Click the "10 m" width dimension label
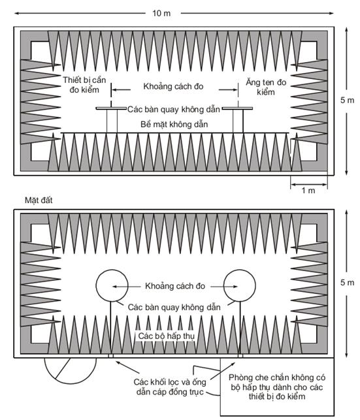(x=161, y=13)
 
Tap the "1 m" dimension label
(x=308, y=191)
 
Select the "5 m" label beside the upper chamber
(x=347, y=100)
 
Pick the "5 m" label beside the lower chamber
(x=347, y=283)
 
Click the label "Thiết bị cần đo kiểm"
(x=84, y=85)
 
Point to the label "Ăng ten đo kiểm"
(x=266, y=87)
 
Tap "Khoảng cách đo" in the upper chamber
(x=173, y=86)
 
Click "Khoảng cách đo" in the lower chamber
(x=175, y=286)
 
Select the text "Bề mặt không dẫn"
(x=174, y=124)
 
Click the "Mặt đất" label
(x=39, y=200)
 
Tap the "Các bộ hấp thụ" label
(x=167, y=336)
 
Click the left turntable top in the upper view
(x=111, y=108)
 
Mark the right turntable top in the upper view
(x=237, y=108)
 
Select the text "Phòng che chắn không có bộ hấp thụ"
(x=277, y=382)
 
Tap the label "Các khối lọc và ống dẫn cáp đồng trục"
(x=170, y=387)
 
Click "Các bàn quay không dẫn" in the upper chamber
(x=174, y=109)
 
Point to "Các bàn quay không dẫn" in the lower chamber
(x=174, y=307)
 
